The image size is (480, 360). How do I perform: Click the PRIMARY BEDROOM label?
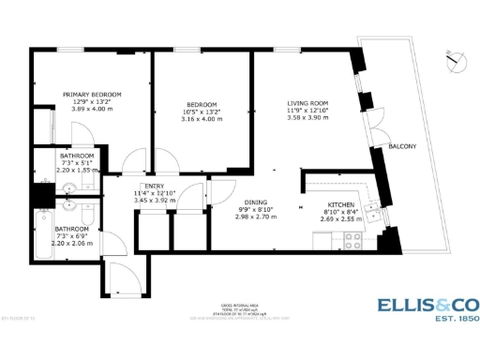coord(92,94)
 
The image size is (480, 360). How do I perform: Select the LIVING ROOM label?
coord(307,104)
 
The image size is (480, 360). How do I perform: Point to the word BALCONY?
coord(402,147)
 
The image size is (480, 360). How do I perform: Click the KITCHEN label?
coord(340,204)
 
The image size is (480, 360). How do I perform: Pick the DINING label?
coord(282,202)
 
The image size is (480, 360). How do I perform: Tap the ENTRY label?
coord(155,186)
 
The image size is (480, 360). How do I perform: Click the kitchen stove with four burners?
coord(354,239)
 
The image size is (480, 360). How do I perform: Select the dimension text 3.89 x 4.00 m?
coord(92,110)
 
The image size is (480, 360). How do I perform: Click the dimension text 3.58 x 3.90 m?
coord(307,119)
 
